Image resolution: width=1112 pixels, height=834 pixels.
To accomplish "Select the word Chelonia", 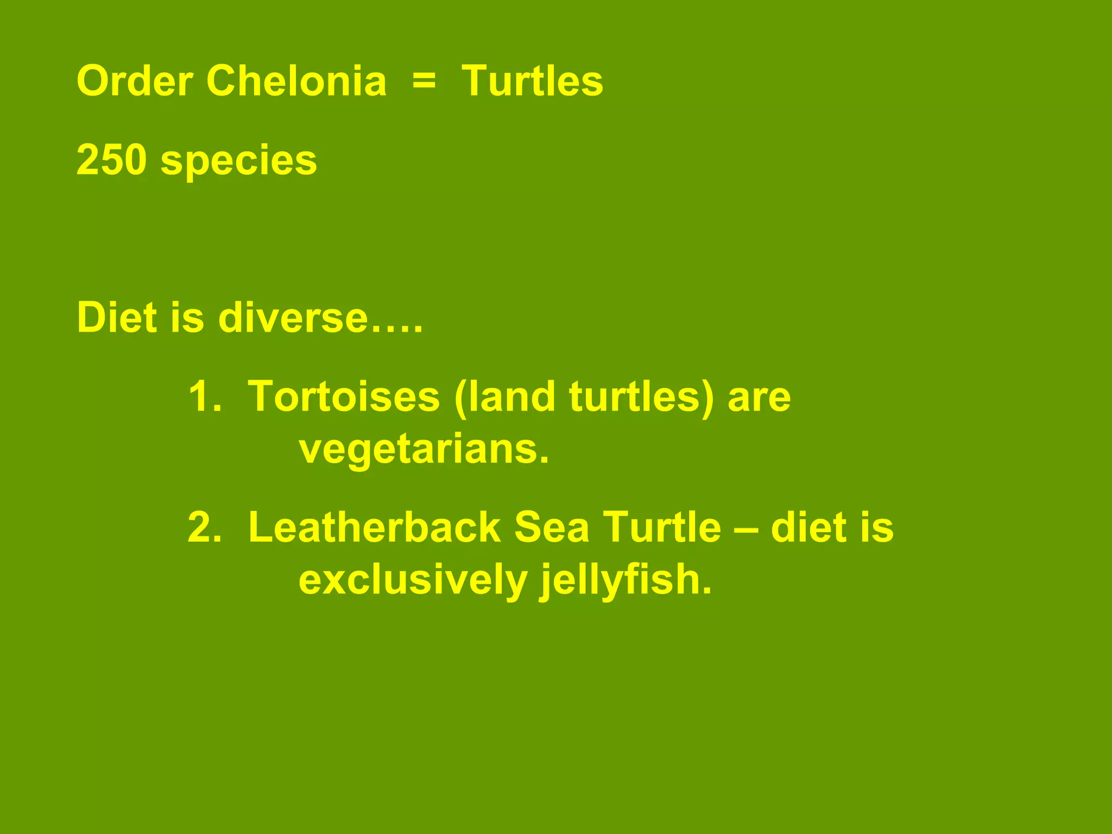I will coord(296,81).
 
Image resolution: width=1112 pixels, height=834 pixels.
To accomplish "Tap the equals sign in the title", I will coord(424,81).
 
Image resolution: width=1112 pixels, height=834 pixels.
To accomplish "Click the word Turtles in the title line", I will coord(532,81).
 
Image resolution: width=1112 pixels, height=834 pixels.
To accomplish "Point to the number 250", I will coord(112,160).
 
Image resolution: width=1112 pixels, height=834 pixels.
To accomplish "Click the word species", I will coord(238,161).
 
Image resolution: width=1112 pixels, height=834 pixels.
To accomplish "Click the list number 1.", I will coord(204,397).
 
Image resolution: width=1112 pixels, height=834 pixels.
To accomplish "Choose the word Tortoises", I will coord(344,397).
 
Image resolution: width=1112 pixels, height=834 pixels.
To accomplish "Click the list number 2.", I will coord(204,528).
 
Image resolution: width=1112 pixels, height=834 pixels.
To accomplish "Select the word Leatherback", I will coord(374,528).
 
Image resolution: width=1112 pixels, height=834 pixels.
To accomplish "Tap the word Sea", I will coord(551,528).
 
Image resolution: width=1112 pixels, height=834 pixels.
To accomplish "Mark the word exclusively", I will coord(413,580).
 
